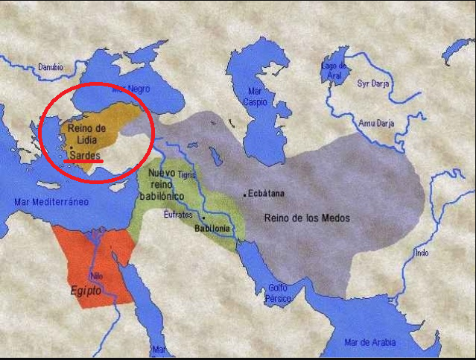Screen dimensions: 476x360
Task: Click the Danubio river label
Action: (52, 67)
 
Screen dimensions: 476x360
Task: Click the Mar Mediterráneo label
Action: (51, 202)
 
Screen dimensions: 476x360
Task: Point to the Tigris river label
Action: (185, 174)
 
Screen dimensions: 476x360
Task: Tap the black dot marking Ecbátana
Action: (244, 195)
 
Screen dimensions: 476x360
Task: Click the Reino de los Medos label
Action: (306, 218)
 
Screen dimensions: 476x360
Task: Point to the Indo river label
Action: (422, 253)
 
